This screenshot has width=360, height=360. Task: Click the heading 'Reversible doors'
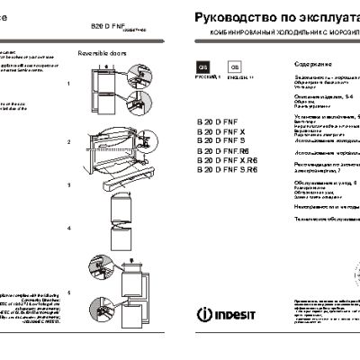tap(100, 54)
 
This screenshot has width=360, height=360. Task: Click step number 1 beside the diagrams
tap(69, 83)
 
